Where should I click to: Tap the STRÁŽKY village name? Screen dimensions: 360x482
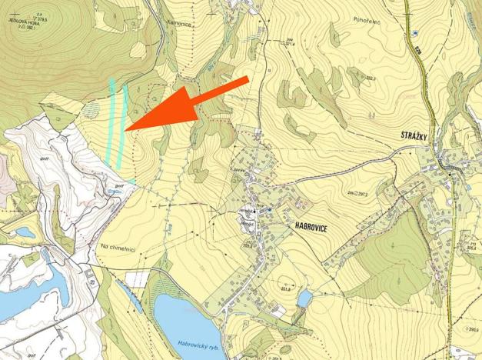418,135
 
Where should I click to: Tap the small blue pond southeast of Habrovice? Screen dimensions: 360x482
304,298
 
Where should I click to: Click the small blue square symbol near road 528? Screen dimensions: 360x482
414,34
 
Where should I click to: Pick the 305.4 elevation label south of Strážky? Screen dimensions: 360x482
470,248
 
